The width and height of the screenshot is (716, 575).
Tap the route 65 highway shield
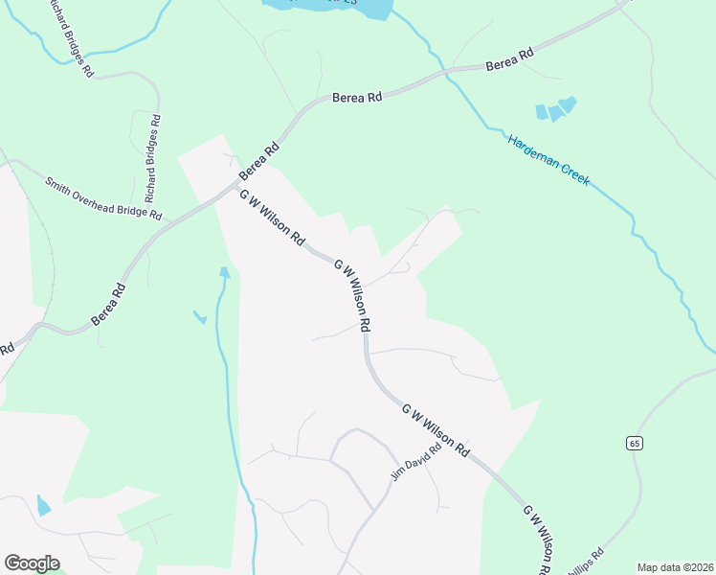[x=635, y=442]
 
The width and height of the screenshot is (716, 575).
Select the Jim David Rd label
[x=416, y=461]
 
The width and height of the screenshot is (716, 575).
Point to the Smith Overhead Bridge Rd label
[x=104, y=197]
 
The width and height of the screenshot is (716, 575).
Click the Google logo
[x=32, y=563]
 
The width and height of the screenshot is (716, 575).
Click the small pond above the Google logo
[x=43, y=505]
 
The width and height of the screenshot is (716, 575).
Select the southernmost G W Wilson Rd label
[x=535, y=539]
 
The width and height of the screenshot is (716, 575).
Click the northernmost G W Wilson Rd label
[x=272, y=216]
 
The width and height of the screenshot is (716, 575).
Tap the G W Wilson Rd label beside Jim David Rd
[x=436, y=428]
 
